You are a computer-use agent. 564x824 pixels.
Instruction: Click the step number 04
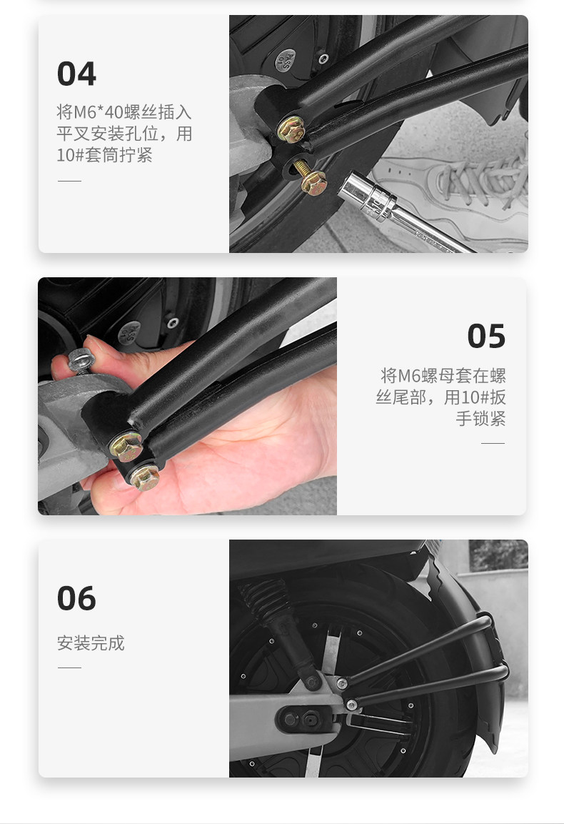(76, 74)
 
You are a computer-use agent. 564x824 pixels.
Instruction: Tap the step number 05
(486, 337)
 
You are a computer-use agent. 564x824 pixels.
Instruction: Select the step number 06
(76, 599)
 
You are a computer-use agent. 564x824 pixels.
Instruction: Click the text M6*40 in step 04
(98, 112)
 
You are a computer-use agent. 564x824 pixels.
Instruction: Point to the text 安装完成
(91, 642)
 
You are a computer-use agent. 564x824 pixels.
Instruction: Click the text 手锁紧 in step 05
(480, 419)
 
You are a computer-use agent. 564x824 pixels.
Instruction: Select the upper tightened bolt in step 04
(291, 129)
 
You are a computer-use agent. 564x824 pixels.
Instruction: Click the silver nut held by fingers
(81, 360)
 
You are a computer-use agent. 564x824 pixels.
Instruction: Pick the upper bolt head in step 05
(126, 446)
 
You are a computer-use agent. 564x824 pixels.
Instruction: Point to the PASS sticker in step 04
(286, 61)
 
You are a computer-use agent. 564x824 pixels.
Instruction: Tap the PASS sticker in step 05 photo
(129, 333)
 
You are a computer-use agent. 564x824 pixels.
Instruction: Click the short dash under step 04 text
(69, 181)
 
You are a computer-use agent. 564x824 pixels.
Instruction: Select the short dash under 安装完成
(69, 668)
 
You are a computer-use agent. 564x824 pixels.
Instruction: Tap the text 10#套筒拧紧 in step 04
(104, 155)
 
